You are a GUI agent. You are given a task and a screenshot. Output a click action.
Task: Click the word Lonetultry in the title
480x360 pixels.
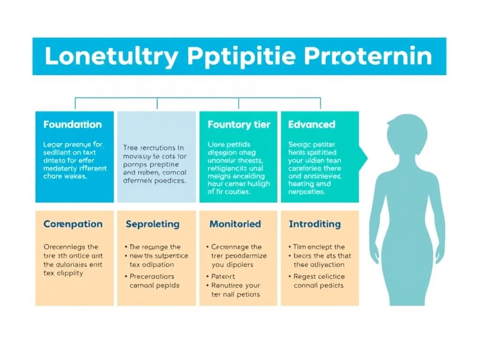pos(112,57)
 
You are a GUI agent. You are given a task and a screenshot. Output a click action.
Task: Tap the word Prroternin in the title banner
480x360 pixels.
pos(368,57)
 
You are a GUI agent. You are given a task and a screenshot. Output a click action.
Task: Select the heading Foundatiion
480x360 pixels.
pos(72,125)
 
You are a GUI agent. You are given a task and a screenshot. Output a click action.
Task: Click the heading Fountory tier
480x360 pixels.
pos(239,125)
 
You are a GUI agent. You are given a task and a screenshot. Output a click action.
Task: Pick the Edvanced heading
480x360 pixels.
pos(312,125)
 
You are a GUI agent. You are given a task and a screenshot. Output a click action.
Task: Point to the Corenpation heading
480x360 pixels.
pos(73,224)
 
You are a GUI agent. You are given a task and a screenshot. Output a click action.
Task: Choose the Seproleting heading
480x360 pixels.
pos(152,224)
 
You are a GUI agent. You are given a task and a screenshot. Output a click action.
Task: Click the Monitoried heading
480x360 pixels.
pos(235,224)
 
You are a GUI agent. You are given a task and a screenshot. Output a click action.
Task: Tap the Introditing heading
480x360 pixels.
pos(315,224)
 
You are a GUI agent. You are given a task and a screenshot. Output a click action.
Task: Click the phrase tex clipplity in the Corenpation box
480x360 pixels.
pos(63,273)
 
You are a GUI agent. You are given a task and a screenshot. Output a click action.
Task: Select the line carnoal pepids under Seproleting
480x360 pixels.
pos(154,285)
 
